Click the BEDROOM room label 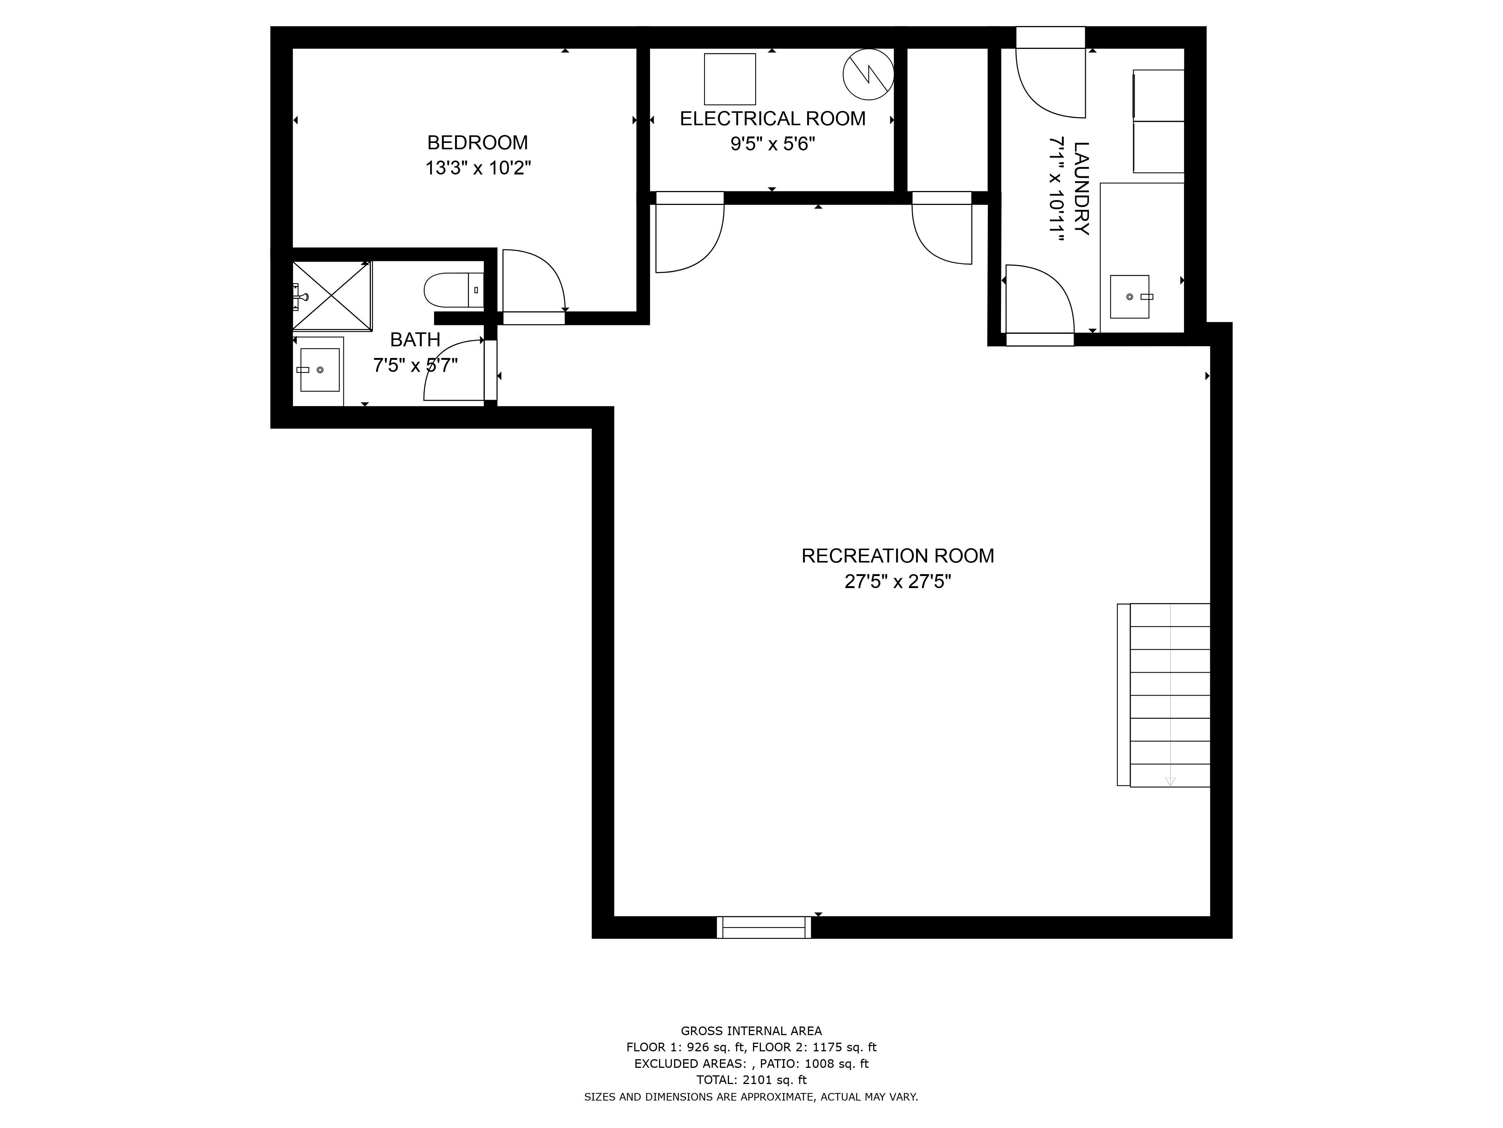click(477, 143)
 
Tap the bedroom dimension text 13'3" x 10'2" click(478, 168)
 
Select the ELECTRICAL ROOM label click(773, 119)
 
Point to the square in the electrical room click(730, 79)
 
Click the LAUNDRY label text click(1081, 188)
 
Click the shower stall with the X click(331, 296)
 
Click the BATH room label click(415, 339)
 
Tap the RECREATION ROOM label click(897, 556)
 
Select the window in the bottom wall click(764, 928)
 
